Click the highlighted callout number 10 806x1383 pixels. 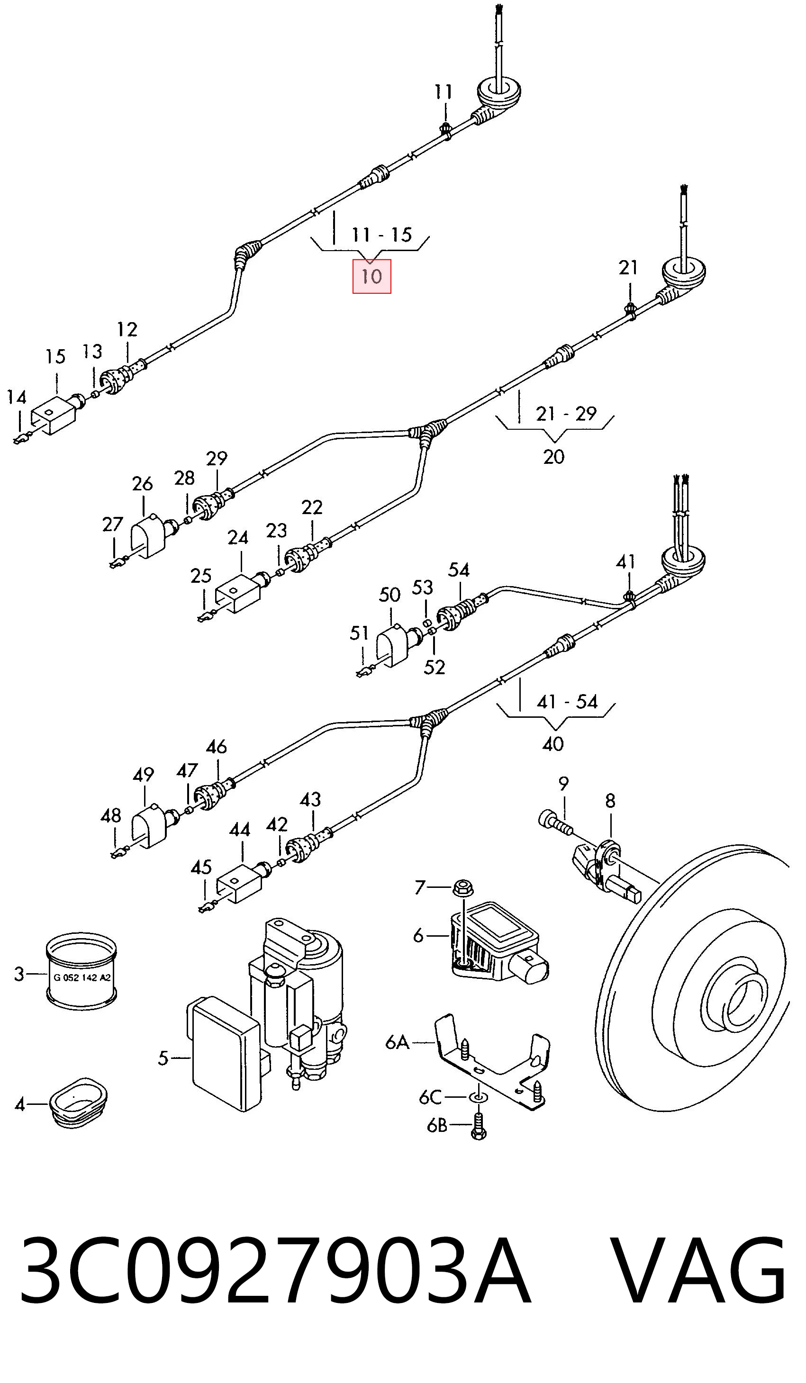point(371,276)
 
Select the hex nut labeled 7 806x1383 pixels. point(464,887)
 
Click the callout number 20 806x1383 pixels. point(553,457)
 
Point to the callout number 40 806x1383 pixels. point(553,744)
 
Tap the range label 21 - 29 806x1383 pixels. point(566,413)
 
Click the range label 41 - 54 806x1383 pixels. point(567,701)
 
